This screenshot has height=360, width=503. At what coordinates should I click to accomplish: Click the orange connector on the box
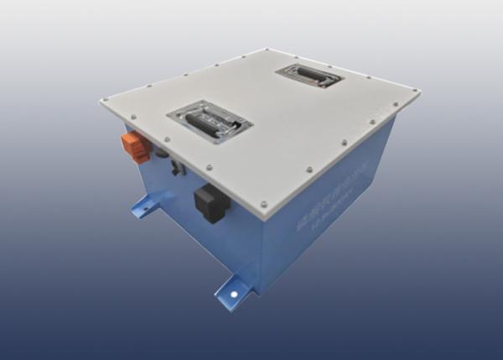[x=132, y=143]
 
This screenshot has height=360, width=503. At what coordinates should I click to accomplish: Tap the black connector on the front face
[x=210, y=204]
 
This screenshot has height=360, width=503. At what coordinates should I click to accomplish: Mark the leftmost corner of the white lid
[x=101, y=101]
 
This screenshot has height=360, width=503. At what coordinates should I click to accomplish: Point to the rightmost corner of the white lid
[x=419, y=91]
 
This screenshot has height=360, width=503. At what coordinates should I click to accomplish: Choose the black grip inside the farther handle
[x=308, y=77]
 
